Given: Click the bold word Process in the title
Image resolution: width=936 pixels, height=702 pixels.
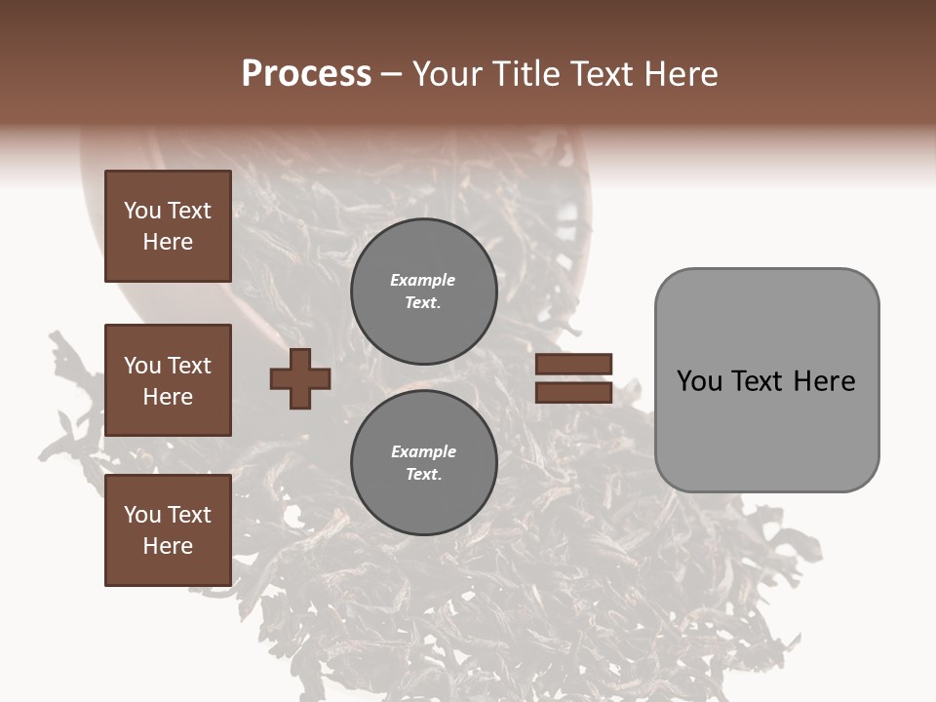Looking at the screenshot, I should (x=306, y=74).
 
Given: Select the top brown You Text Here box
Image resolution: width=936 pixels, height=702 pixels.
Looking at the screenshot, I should (x=168, y=226).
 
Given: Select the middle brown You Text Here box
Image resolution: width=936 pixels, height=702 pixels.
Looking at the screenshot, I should (x=168, y=380).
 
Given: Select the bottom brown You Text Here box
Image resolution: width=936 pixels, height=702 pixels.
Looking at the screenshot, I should (x=168, y=530).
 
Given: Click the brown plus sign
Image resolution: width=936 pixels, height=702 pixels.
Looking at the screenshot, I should (x=299, y=378).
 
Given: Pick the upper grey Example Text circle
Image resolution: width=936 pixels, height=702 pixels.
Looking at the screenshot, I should (x=423, y=291).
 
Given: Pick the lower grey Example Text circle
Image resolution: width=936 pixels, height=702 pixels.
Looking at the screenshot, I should (x=423, y=462).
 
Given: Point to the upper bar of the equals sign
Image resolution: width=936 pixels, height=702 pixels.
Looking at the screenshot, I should (x=573, y=364).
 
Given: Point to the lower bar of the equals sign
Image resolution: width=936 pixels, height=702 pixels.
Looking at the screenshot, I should (x=573, y=392).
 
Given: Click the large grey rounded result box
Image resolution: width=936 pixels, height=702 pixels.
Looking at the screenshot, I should (x=766, y=380).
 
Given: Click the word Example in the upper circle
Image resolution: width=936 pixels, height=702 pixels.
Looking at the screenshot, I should (x=423, y=280).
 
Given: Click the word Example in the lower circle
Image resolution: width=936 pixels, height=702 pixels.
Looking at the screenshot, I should (x=423, y=451).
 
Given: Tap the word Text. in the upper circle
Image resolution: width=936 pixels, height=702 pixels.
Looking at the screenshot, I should (x=423, y=302).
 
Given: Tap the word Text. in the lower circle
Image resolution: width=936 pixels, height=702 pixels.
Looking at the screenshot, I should (x=423, y=474).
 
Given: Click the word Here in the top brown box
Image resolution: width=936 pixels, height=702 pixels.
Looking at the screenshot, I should (x=168, y=242).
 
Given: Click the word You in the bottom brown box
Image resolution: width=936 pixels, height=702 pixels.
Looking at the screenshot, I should (x=142, y=515).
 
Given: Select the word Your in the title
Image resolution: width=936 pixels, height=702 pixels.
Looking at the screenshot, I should (x=448, y=74).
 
